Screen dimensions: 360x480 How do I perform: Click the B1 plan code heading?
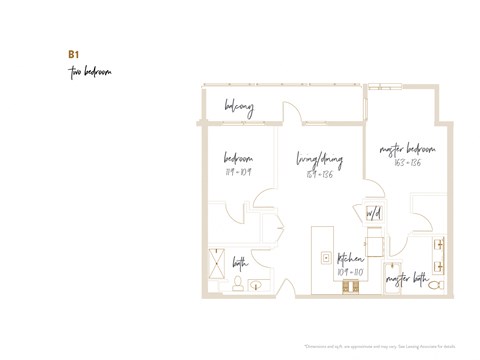pyautogui.click(x=72, y=54)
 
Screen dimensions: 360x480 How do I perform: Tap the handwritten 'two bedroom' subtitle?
pyautogui.click(x=89, y=72)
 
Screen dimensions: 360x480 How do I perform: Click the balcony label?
pyautogui.click(x=239, y=106)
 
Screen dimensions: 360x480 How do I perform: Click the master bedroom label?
pyautogui.click(x=407, y=149)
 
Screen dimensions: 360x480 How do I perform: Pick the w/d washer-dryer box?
pyautogui.click(x=373, y=214)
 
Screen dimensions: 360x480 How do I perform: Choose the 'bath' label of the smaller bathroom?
pyautogui.click(x=241, y=263)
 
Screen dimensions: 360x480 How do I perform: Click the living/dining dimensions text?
pyautogui.click(x=317, y=173)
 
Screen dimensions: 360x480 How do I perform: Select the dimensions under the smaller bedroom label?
pyautogui.click(x=237, y=171)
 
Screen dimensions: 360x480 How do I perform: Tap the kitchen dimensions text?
pyautogui.click(x=349, y=271)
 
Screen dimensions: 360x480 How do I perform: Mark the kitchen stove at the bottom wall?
pyautogui.click(x=350, y=287)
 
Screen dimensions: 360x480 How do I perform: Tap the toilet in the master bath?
pyautogui.click(x=435, y=285)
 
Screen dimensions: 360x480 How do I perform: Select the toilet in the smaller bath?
pyautogui.click(x=238, y=284)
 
